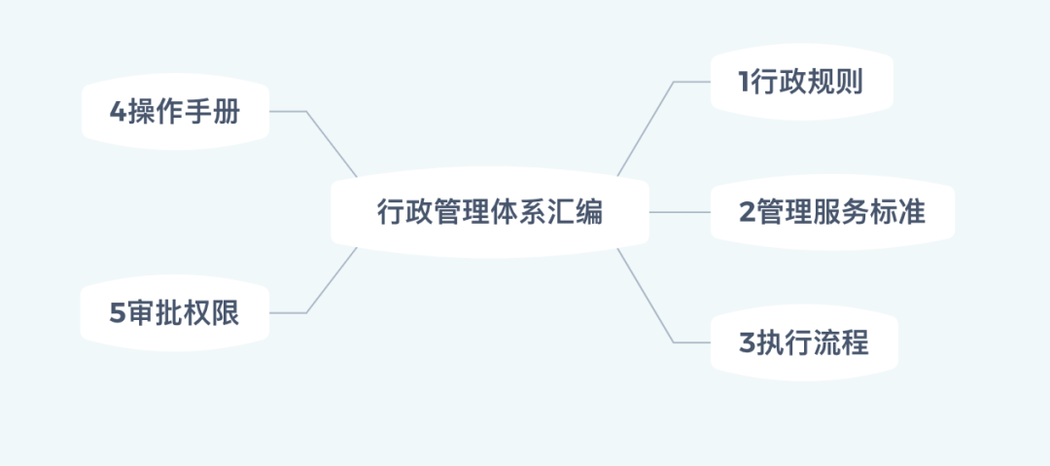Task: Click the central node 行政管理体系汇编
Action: [489, 212]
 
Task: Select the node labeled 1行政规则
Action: [801, 83]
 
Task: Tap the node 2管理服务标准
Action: [832, 212]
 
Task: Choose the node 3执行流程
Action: [803, 342]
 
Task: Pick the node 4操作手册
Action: [174, 112]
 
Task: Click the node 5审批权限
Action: [174, 313]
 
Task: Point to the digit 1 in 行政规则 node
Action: [745, 83]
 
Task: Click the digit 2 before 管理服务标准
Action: [747, 212]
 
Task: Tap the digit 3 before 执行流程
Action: [747, 342]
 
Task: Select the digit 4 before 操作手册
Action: [118, 112]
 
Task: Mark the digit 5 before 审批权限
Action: [118, 313]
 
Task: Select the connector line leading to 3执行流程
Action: [646, 296]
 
